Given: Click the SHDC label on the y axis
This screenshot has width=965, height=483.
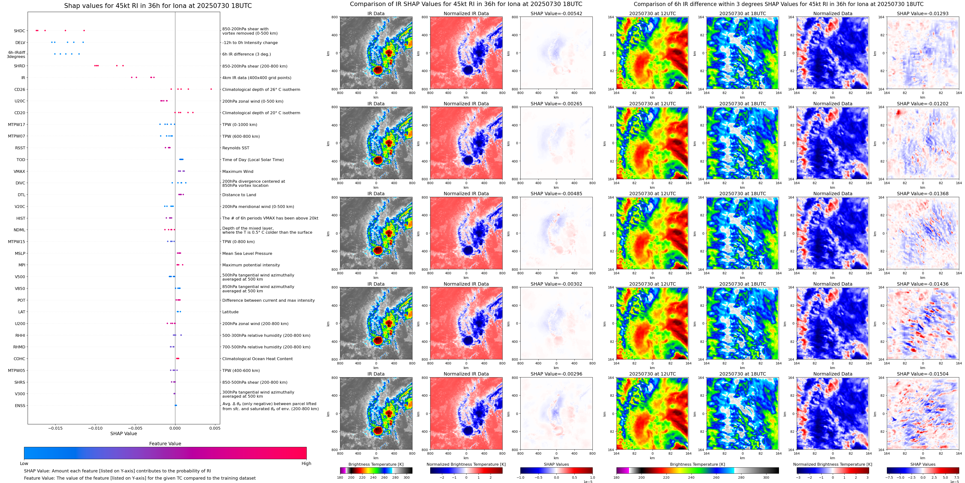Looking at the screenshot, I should tap(19, 31).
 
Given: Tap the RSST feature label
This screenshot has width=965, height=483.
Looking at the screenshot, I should tap(20, 148).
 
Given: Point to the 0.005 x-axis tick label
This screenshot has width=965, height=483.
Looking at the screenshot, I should tap(215, 428).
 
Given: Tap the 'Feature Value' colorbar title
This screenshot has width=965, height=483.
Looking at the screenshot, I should tap(165, 444).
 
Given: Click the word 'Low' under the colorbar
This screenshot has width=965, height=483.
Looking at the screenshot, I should tap(24, 464).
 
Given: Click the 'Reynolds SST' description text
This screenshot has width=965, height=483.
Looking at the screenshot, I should tap(236, 148).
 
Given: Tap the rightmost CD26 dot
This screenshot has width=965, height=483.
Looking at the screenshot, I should tap(211, 89).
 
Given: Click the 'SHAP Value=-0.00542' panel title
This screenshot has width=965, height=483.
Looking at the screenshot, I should tap(556, 13).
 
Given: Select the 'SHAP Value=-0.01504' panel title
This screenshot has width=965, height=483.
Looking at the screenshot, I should tap(923, 374).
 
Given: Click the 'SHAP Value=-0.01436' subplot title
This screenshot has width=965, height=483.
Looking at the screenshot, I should tap(923, 284).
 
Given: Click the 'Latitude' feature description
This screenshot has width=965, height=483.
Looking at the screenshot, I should tap(230, 312).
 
